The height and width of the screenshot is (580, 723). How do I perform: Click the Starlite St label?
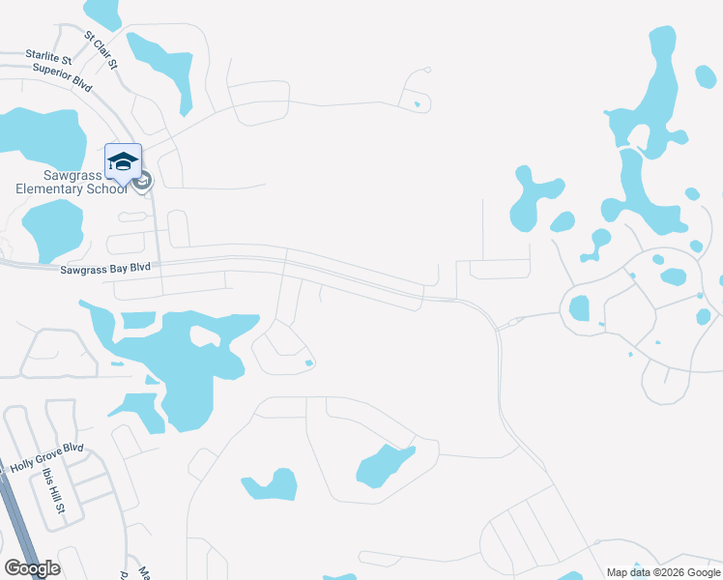pos(57,60)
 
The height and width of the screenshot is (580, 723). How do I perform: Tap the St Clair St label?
pos(101,50)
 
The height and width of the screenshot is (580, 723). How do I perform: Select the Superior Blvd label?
pos(62,76)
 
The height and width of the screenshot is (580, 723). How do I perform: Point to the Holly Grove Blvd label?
pos(47,457)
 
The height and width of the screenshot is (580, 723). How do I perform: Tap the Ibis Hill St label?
pos(53,492)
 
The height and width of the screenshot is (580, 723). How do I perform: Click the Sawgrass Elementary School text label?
pos(72,182)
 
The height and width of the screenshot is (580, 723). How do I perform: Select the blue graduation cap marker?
pos(123,160)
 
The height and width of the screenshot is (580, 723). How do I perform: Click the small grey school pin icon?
pos(142,181)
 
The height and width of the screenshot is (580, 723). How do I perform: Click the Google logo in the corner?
pos(32,568)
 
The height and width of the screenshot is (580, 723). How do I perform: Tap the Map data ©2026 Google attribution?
pos(664,572)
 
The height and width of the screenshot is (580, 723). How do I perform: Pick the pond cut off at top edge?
pos(101,12)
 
